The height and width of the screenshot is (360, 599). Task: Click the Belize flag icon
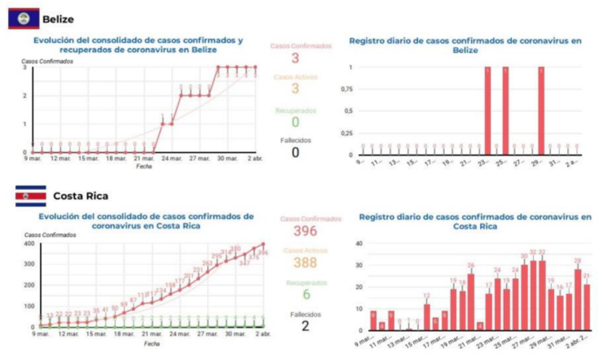[x=23, y=18]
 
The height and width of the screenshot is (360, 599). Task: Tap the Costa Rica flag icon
[x=30, y=196]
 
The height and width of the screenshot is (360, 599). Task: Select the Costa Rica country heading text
[x=80, y=196]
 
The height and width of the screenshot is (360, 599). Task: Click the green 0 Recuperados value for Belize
[x=295, y=122]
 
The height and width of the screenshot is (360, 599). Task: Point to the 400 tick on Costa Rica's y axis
[x=29, y=243]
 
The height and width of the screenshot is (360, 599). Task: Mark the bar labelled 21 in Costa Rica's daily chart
[x=587, y=307]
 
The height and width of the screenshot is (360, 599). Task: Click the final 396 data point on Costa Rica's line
[x=263, y=245]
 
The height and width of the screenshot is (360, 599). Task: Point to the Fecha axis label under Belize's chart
[x=144, y=165]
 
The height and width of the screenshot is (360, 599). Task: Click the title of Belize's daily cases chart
[x=465, y=46]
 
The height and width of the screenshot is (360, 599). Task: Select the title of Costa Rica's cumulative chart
[x=146, y=220]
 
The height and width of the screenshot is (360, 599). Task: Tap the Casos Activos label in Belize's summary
[x=295, y=76]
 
